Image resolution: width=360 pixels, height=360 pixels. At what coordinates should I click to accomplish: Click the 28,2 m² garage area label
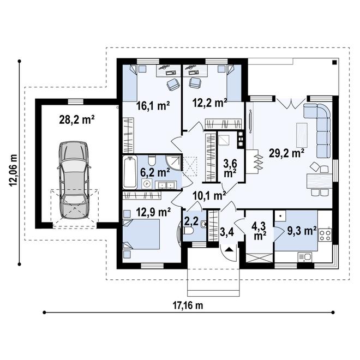point(77,119)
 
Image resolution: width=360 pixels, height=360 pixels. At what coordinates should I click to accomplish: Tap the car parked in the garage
point(74,180)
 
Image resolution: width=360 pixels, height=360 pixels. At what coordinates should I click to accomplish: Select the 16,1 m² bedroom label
point(153,106)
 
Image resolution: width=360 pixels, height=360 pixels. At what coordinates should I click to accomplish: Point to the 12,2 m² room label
point(209,103)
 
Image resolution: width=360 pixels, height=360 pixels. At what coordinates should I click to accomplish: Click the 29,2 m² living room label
point(287,153)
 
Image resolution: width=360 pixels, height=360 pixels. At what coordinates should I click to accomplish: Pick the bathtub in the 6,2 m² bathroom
point(130,172)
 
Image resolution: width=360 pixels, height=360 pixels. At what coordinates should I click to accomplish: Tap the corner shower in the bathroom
point(174,163)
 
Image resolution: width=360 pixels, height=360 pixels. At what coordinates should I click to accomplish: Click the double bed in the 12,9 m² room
point(141,234)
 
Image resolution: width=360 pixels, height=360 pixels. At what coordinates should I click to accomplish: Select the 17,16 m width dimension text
point(188,305)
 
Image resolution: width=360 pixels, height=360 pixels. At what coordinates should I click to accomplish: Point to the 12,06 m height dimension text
point(13,170)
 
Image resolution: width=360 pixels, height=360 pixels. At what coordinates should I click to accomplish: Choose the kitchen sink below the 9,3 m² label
point(305,257)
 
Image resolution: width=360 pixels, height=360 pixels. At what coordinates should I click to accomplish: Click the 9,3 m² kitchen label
point(302,231)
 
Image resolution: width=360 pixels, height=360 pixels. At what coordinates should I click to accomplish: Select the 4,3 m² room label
point(259,231)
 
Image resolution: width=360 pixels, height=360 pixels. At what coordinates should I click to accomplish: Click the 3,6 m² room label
point(230,169)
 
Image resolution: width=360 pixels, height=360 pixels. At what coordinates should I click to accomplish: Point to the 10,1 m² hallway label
point(209,196)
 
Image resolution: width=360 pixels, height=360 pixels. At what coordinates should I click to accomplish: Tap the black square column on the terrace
point(334,62)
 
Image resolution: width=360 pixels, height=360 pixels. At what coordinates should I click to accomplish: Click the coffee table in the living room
point(302,135)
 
